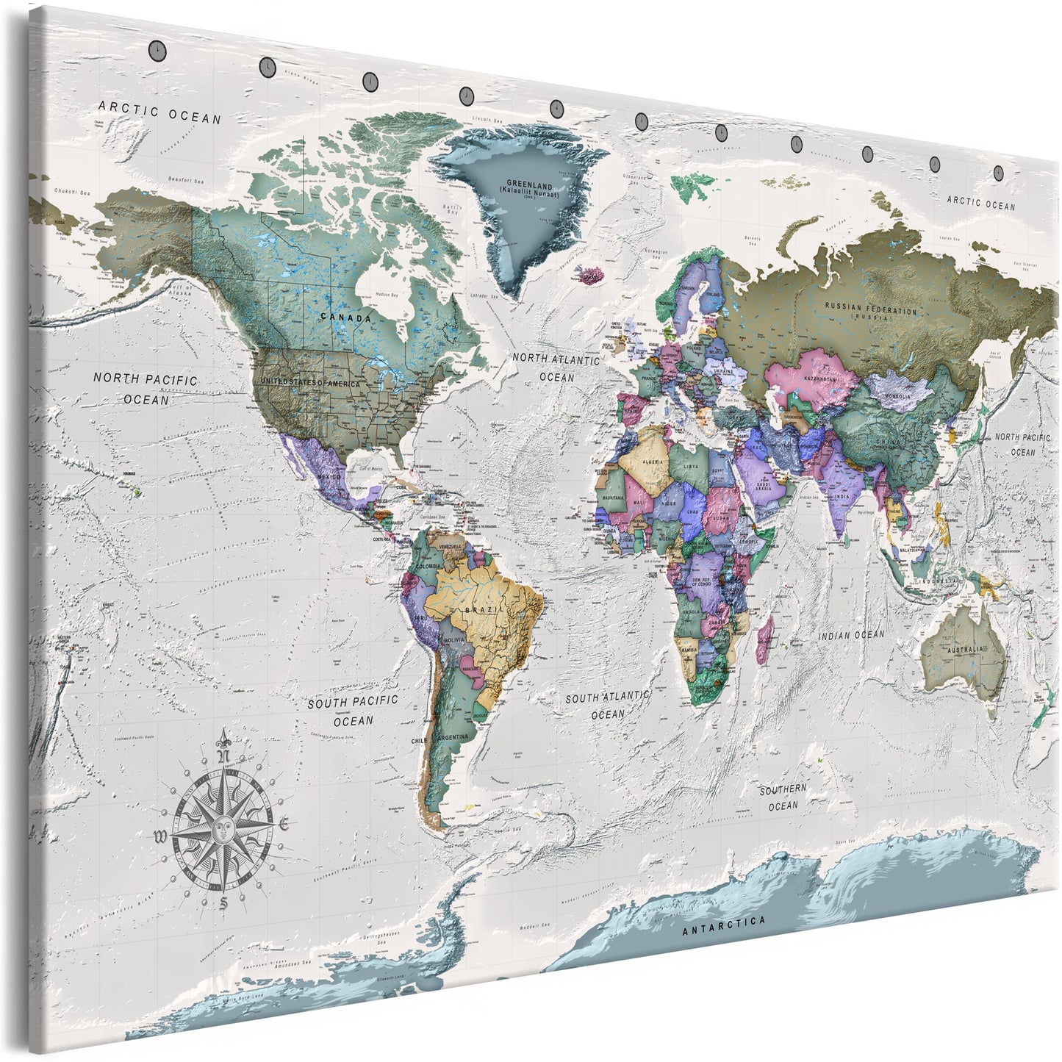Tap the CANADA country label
pyautogui.click(x=345, y=317)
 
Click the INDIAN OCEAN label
pyautogui.click(x=852, y=634)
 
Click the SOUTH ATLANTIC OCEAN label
pyautogui.click(x=607, y=703)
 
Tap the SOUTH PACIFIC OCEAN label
pyautogui.click(x=353, y=711)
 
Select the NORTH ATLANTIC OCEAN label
pyautogui.click(x=556, y=367)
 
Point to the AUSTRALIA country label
pyautogui.click(x=964, y=650)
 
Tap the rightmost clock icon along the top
pyautogui.click(x=998, y=172)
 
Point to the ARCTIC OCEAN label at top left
pyautogui.click(x=159, y=112)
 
